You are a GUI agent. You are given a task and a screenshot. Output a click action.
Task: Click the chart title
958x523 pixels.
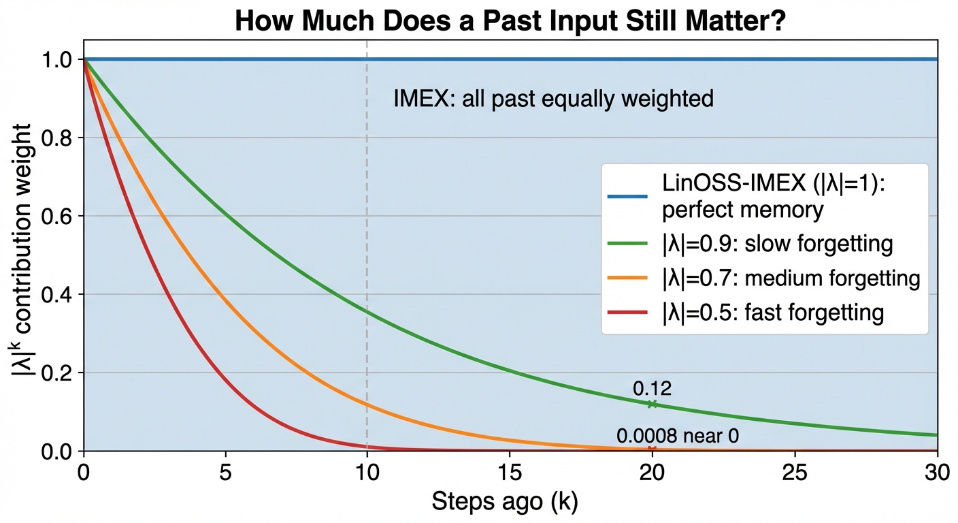coord(510,20)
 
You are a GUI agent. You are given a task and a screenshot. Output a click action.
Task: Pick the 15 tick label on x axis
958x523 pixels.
coord(510,473)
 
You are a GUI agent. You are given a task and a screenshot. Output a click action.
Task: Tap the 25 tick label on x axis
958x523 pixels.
coord(795,473)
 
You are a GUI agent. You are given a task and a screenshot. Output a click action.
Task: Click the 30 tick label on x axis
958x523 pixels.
coord(937,473)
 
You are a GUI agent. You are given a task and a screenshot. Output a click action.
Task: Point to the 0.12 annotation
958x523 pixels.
coord(652,389)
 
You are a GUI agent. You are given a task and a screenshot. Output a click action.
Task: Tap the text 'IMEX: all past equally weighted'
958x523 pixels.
coord(553,99)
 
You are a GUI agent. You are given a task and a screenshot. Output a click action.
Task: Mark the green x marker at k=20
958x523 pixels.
coord(653,404)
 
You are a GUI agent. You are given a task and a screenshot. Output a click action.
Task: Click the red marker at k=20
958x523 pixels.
coord(653,449)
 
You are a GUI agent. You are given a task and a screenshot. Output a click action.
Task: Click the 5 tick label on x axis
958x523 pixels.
coord(226,473)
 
